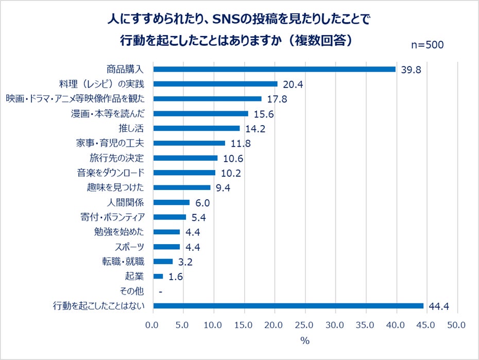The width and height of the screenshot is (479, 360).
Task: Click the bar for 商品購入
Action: [x=275, y=69]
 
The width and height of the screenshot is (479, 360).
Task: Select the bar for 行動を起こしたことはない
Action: [x=288, y=306]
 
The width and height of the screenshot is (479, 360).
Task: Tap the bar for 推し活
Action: [x=197, y=128]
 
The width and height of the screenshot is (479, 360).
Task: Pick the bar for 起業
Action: [x=159, y=277]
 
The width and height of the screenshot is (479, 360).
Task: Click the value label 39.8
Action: [x=411, y=70]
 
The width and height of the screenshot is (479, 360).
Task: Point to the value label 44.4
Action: [x=439, y=306]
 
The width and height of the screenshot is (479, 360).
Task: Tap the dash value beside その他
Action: [x=161, y=292]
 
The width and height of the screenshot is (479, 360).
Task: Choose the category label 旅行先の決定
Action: [x=119, y=158]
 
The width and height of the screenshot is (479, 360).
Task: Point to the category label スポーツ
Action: [x=130, y=247]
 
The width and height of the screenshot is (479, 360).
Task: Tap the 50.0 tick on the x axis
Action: [x=457, y=325]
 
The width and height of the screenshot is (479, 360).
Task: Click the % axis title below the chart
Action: [x=305, y=340]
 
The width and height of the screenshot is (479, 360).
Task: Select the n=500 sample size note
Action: [x=427, y=45]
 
